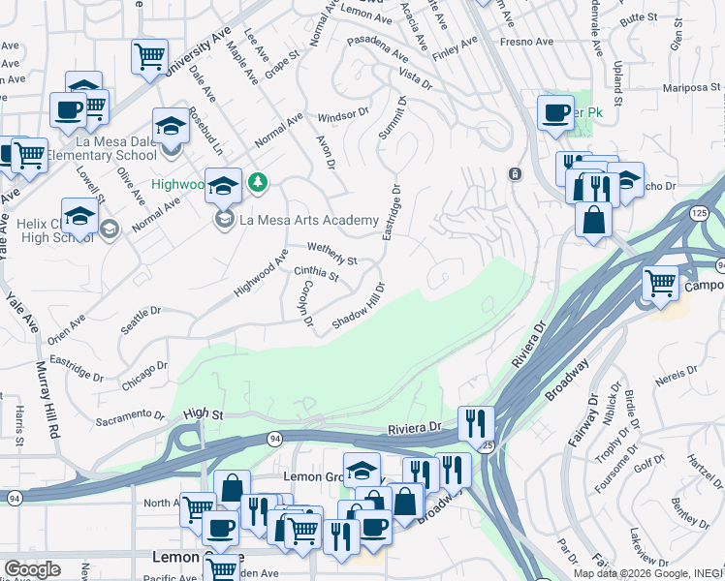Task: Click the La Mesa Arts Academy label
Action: tap(308, 221)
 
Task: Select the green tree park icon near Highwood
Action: tap(258, 181)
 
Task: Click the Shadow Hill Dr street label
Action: tap(359, 305)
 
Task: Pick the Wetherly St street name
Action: tap(332, 254)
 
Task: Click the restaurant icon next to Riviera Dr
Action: tap(476, 422)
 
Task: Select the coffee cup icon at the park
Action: tap(556, 112)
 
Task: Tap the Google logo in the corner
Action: tap(32, 569)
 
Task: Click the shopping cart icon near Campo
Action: tap(661, 283)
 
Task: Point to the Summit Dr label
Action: tap(391, 117)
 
